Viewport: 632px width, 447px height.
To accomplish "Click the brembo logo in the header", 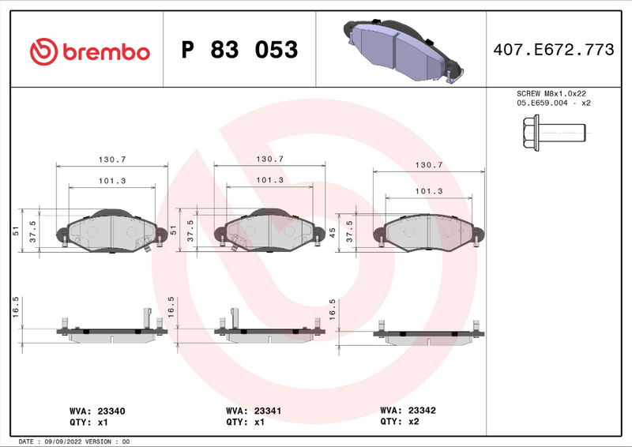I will (x=89, y=51).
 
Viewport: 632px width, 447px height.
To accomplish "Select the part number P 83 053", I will (x=239, y=51).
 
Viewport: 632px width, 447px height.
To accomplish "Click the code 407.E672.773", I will (x=553, y=51).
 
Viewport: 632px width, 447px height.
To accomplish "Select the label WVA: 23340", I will (x=98, y=411).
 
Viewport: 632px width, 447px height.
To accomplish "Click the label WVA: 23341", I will (x=254, y=411).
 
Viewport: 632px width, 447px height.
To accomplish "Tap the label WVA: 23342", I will (x=408, y=411).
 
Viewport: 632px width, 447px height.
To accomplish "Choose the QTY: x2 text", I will (x=401, y=423).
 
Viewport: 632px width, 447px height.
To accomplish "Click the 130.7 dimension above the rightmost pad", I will (x=429, y=166).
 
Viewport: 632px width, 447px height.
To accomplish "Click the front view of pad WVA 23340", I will (x=111, y=231).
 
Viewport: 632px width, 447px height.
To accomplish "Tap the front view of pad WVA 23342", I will (x=428, y=232).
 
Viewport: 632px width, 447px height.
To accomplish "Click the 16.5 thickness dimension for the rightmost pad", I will (x=333, y=308).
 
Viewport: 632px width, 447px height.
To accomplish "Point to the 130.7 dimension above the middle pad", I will (x=270, y=159).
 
